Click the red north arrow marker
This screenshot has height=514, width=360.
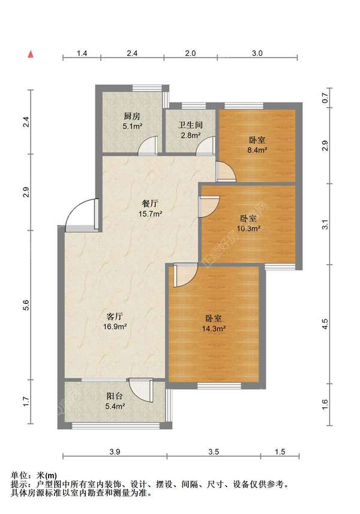tap(31, 54)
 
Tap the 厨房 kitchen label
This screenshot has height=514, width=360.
tap(132, 116)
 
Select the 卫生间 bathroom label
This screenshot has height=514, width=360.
tap(190, 125)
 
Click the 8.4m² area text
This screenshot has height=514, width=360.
tap(257, 150)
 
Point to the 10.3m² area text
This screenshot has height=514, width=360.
tap(248, 229)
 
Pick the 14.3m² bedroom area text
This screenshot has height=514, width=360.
tap(213, 328)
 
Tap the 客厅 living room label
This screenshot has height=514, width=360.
tap(115, 316)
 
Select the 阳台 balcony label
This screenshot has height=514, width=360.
tap(115, 396)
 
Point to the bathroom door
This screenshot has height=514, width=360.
tap(205, 145)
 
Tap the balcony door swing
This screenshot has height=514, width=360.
tap(141, 391)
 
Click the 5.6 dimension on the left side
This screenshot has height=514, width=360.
tap(27, 305)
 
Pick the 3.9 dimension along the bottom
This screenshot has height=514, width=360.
tap(115, 452)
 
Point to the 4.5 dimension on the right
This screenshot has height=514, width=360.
tap(325, 324)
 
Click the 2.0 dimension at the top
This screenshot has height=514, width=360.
tap(190, 53)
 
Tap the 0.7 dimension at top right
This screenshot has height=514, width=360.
tap(325, 98)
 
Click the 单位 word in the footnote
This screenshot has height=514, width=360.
tap(19, 476)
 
